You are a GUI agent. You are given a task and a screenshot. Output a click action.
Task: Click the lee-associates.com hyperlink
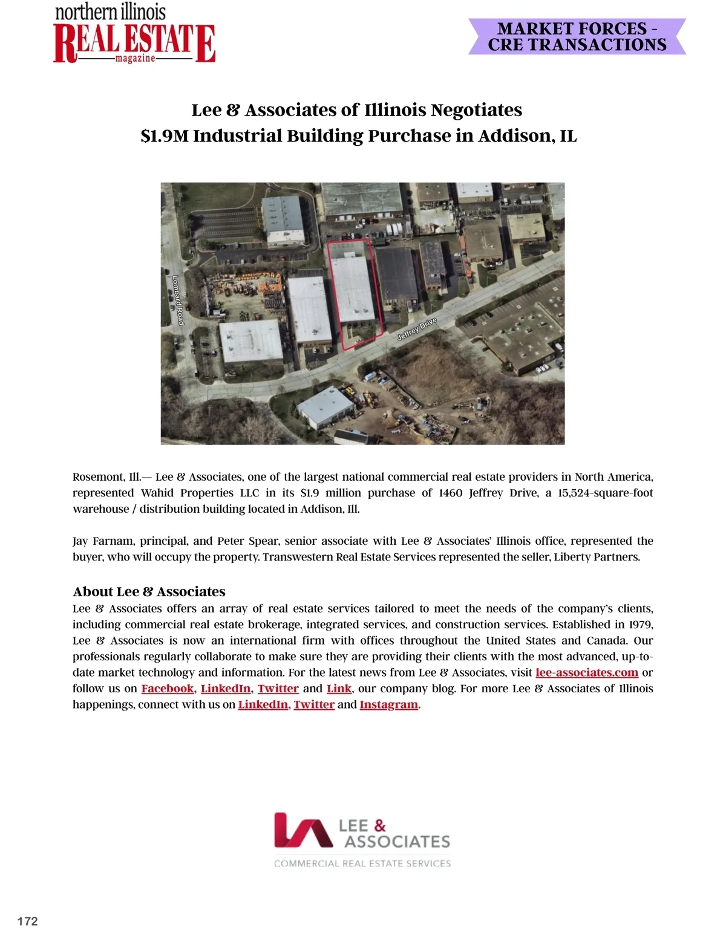pos(586,672)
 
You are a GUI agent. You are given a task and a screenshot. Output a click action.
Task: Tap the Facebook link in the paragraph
pos(168,689)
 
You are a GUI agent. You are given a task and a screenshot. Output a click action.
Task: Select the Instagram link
pos(388,704)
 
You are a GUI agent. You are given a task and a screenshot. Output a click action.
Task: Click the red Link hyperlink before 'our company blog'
pos(339,689)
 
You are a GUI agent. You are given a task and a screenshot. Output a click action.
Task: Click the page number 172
pos(28,921)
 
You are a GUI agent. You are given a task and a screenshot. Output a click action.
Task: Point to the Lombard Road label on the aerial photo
pos(178,300)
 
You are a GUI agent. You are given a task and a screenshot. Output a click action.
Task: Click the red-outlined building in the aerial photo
pos(353,289)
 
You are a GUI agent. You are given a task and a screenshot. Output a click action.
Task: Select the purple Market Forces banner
pos(577,37)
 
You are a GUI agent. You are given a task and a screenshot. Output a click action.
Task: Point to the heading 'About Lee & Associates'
pos(149,591)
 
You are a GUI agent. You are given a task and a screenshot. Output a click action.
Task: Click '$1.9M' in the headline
pos(165,136)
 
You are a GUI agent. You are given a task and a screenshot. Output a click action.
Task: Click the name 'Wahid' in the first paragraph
pos(158,493)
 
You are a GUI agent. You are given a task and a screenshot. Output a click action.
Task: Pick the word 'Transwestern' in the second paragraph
pos(298,557)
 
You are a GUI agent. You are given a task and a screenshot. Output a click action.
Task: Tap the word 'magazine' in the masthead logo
pos(135,59)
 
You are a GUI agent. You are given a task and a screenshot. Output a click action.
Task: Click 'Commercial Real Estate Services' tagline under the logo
pos(362,863)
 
